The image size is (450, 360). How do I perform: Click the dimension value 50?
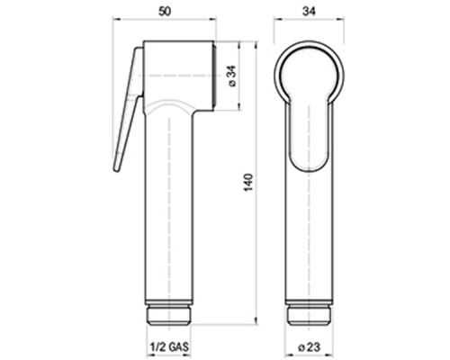(165, 12)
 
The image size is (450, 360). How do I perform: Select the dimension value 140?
(248, 183)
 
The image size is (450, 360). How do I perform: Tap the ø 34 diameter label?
(233, 76)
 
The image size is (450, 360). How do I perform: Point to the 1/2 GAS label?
(169, 347)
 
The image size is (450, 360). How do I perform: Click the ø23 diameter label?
(309, 347)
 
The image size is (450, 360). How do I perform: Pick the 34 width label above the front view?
(309, 12)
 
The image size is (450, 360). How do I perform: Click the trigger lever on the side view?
(128, 110)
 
